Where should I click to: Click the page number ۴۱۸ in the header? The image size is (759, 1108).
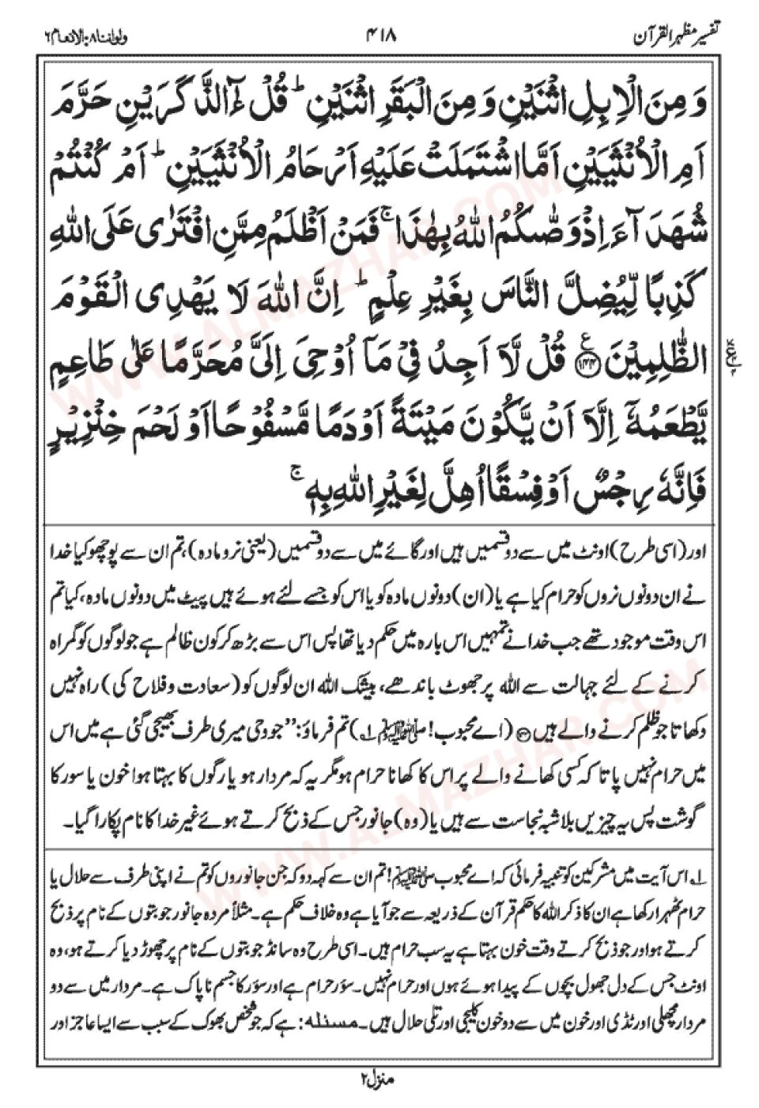381,36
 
